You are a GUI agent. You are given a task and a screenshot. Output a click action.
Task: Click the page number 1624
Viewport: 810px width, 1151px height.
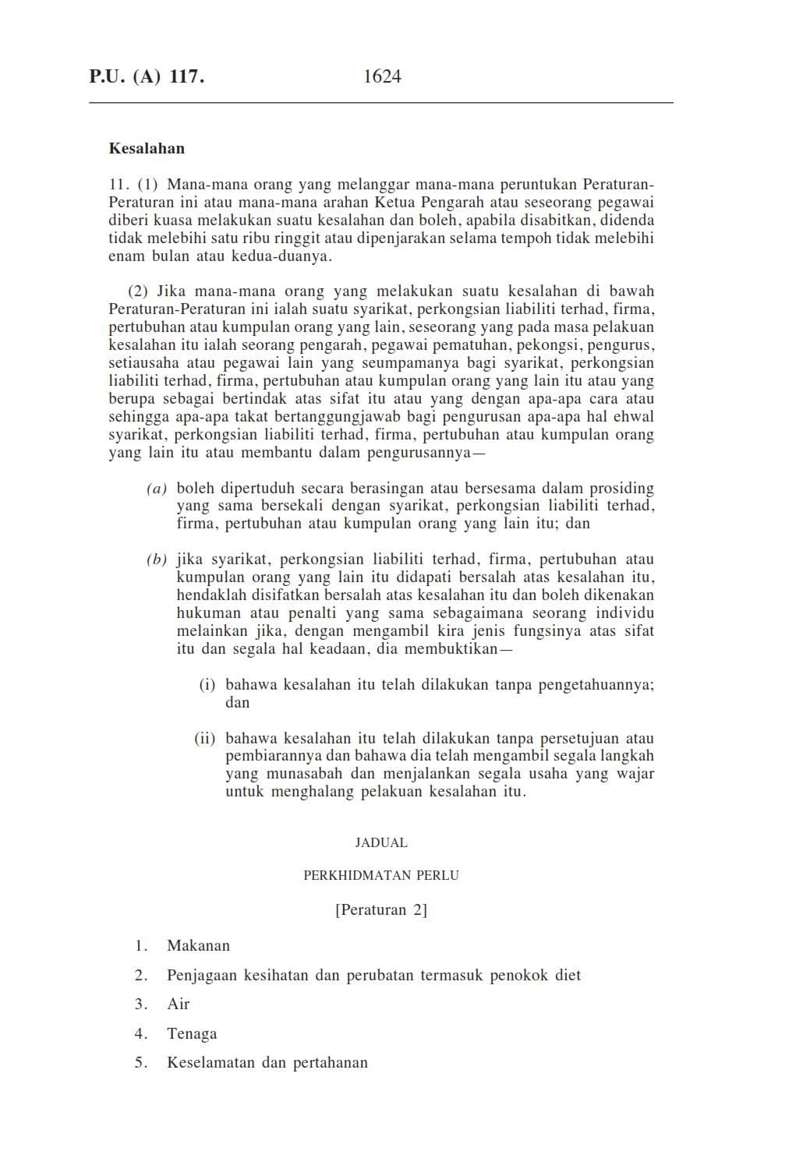pos(382,76)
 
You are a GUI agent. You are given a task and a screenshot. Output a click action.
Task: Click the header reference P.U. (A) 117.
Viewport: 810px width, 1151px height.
pos(147,76)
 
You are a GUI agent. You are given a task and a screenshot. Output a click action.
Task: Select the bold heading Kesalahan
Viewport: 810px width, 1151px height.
pos(147,148)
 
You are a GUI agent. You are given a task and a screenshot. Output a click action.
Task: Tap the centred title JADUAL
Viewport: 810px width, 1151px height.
pos(381,842)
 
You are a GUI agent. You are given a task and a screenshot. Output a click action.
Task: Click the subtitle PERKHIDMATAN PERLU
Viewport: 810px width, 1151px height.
pos(381,875)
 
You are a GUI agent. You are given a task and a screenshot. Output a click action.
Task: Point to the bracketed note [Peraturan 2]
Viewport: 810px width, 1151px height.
pos(381,909)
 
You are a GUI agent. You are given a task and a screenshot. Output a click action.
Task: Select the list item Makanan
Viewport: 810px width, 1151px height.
pos(198,945)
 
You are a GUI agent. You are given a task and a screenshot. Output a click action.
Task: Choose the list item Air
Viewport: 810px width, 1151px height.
pos(179,1004)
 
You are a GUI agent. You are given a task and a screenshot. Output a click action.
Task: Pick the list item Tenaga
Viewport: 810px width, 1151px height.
pos(192,1033)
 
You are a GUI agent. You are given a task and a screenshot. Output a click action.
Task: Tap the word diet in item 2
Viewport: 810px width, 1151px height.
pos(568,975)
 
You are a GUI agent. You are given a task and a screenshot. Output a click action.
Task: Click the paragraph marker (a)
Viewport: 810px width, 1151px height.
pos(157,489)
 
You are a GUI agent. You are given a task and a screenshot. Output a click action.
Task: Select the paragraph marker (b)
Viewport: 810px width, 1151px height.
pos(157,560)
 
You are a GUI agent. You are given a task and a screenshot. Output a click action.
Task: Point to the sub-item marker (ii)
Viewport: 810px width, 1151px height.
pos(205,738)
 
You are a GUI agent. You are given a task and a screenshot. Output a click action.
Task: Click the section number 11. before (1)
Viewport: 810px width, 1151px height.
pos(118,185)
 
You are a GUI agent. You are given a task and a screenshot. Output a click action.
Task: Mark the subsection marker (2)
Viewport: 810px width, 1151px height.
pos(138,291)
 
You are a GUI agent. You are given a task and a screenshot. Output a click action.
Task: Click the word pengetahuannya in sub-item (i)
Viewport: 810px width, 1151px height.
pos(575,685)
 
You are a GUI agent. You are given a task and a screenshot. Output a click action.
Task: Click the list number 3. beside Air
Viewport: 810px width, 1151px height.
pos(141,1004)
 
